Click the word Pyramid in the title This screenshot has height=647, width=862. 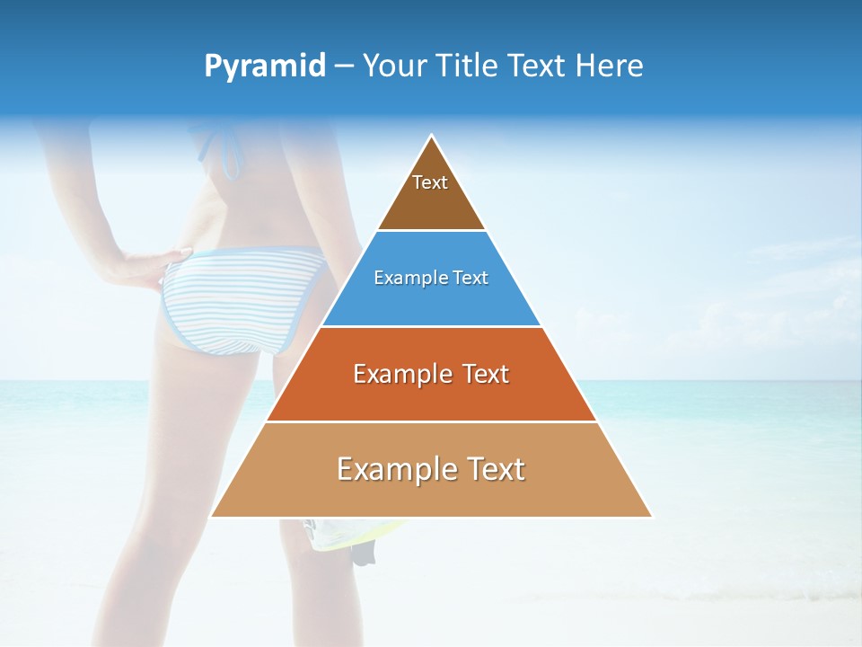264,66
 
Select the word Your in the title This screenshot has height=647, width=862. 392,66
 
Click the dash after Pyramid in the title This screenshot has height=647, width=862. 343,66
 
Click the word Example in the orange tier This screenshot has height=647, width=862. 393,374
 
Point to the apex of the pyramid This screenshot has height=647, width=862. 432,137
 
